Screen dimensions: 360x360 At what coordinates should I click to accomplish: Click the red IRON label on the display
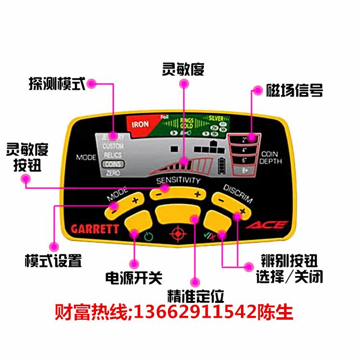[x=140, y=124]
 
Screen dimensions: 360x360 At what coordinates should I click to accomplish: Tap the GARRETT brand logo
[x=95, y=229]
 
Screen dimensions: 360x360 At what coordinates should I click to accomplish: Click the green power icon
[x=147, y=236]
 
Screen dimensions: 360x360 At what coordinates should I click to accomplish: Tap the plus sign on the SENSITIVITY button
[x=197, y=194]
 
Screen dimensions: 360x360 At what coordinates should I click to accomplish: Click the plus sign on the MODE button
[x=134, y=200]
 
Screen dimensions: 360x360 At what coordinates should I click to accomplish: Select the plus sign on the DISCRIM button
[x=242, y=211]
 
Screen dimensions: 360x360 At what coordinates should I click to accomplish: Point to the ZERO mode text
[x=113, y=172]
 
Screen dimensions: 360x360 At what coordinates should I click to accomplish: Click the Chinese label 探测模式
[x=57, y=84]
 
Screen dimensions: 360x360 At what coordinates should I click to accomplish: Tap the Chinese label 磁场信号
[x=295, y=90]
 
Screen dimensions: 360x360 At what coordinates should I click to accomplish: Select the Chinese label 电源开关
[x=134, y=277]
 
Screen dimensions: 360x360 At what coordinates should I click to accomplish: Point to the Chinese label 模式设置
[x=53, y=261]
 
